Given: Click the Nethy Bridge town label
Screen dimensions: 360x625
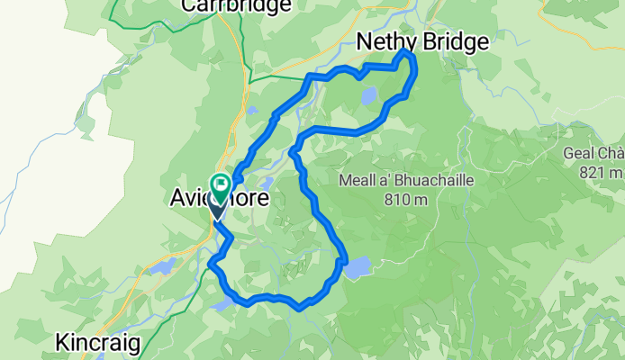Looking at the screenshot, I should tap(422, 41).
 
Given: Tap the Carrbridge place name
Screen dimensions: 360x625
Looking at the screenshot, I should tap(236, 5).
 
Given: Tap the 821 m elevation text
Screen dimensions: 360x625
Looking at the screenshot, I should tap(601, 172).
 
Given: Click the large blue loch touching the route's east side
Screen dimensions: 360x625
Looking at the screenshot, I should tap(357, 267).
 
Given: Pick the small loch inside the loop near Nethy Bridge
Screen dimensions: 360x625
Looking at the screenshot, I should tap(368, 95).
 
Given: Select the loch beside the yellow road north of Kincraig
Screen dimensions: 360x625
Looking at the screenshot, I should tap(164, 266).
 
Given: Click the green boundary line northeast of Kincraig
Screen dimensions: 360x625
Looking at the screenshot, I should tap(194, 297).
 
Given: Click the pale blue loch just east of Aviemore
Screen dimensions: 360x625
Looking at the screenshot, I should tap(267, 184).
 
